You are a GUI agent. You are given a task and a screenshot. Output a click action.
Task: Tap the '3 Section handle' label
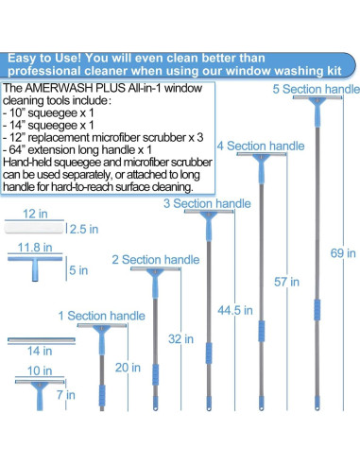click(x=207, y=203)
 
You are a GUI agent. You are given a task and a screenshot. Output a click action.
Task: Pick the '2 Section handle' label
click(x=155, y=259)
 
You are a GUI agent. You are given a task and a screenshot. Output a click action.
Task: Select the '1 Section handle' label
click(x=100, y=315)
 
